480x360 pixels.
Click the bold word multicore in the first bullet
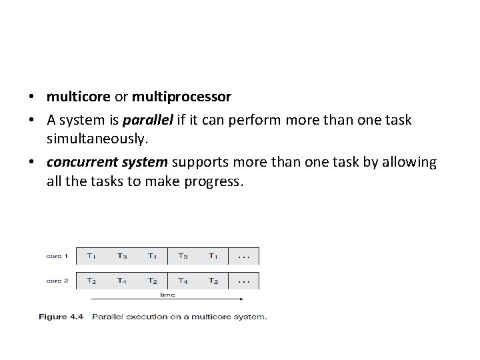pyautogui.click(x=79, y=97)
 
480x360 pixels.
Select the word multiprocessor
pyautogui.click(x=181, y=97)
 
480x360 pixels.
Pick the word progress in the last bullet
pyautogui.click(x=215, y=181)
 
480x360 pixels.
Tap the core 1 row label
pyautogui.click(x=57, y=256)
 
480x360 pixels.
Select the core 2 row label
pyautogui.click(x=57, y=281)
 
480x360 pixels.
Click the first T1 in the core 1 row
pyautogui.click(x=91, y=256)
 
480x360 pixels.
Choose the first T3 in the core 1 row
pyautogui.click(x=122, y=256)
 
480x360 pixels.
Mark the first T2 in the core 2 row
pyautogui.click(x=91, y=281)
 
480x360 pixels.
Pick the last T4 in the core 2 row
pyautogui.click(x=183, y=281)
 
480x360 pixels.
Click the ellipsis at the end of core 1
pyautogui.click(x=244, y=256)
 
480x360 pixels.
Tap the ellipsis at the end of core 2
pyautogui.click(x=244, y=281)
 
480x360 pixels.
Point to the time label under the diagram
pyautogui.click(x=167, y=293)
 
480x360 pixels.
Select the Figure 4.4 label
pyautogui.click(x=61, y=317)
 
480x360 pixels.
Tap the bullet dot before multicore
pyautogui.click(x=32, y=97)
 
